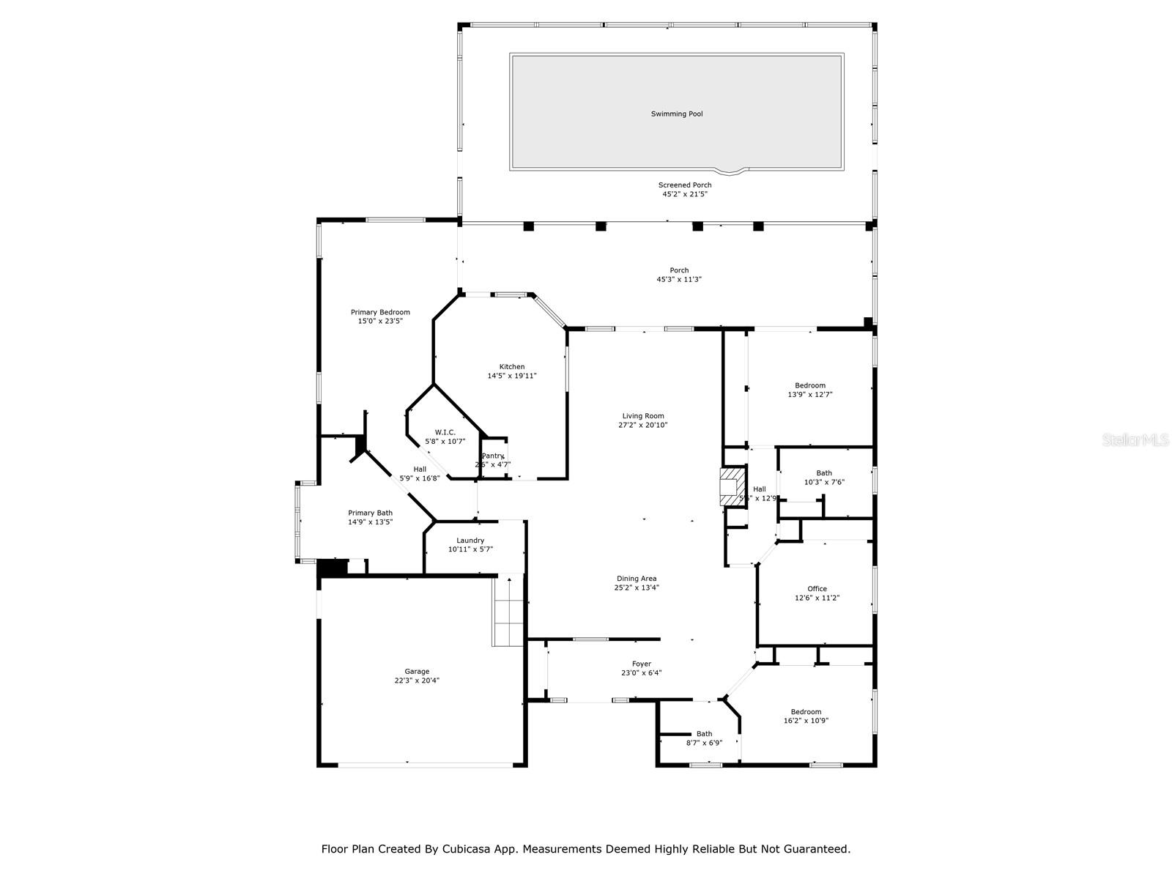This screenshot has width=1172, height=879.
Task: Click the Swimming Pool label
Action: pos(677,114)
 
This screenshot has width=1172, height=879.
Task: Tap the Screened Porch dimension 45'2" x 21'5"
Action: pos(684,195)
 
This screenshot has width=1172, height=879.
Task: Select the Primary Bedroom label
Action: pos(380,313)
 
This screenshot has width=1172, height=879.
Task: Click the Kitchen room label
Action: pos(512,367)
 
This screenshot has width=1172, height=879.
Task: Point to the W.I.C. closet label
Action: pos(445,433)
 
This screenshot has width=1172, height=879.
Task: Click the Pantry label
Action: pos(492,456)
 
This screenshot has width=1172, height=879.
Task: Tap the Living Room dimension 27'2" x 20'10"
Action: pos(643,426)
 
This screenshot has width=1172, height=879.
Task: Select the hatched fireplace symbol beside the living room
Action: pos(731,487)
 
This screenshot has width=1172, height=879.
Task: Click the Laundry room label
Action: pos(470,541)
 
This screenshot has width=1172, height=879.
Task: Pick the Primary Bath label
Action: pos(370,513)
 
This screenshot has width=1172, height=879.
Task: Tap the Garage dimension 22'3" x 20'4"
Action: pos(417,680)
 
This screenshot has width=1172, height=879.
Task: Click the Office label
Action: pos(817,589)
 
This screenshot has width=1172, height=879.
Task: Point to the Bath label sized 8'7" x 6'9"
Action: pos(704,734)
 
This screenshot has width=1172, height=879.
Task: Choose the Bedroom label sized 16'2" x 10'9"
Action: pos(806,712)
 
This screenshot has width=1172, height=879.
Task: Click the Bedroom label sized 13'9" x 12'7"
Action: pos(810,386)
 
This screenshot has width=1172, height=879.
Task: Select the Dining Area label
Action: pos(637,579)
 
